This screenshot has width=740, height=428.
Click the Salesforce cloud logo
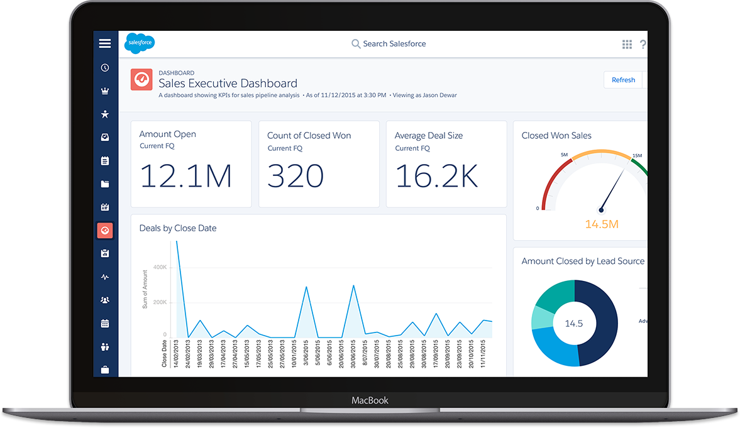point(139,43)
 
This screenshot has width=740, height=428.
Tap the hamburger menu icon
point(105,43)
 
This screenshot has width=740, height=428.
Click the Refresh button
point(623,80)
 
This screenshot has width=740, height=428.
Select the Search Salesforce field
point(389,44)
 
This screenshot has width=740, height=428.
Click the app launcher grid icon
point(627,44)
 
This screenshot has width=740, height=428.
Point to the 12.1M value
point(185,176)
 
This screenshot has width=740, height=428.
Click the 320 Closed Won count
point(295,176)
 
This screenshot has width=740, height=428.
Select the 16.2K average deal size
point(436,176)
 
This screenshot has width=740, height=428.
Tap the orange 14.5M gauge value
point(602,224)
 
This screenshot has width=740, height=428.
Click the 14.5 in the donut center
point(573,324)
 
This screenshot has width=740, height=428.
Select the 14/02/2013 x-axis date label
point(177,356)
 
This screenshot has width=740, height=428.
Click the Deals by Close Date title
point(178,228)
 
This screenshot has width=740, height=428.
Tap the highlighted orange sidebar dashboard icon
point(105,231)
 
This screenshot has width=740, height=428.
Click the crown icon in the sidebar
point(105,91)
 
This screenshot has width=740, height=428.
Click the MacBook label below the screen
point(370,400)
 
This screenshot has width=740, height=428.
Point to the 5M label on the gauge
point(565,155)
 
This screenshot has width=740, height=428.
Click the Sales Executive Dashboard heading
point(228,83)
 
